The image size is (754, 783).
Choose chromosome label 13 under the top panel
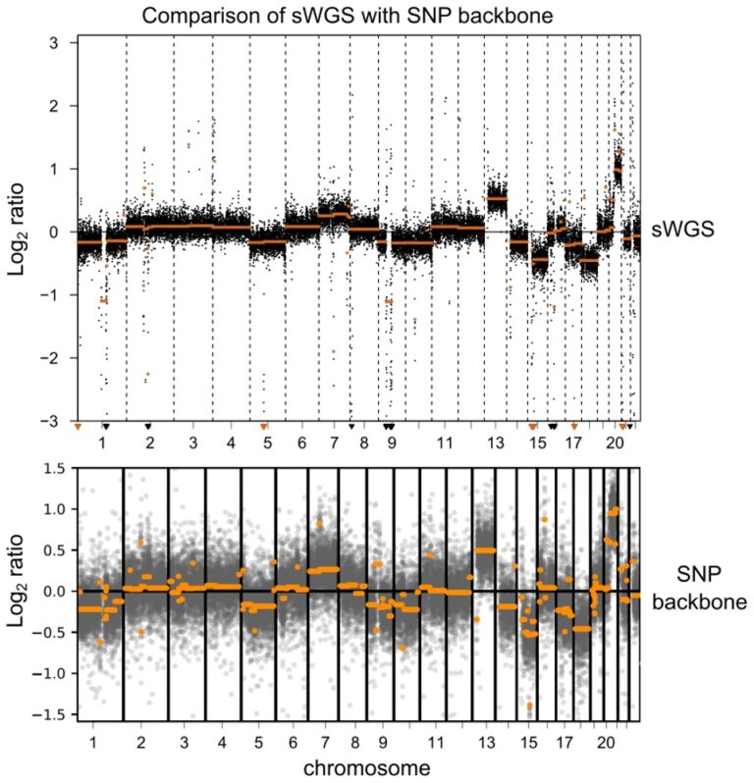pos(495,444)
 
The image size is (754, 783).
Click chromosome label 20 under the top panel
pos(615,444)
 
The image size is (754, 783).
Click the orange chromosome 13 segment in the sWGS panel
pos(497,199)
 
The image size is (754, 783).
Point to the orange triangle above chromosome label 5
pos(263,426)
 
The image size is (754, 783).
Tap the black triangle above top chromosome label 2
pos(148,426)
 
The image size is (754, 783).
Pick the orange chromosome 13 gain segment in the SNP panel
pos(485,550)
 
